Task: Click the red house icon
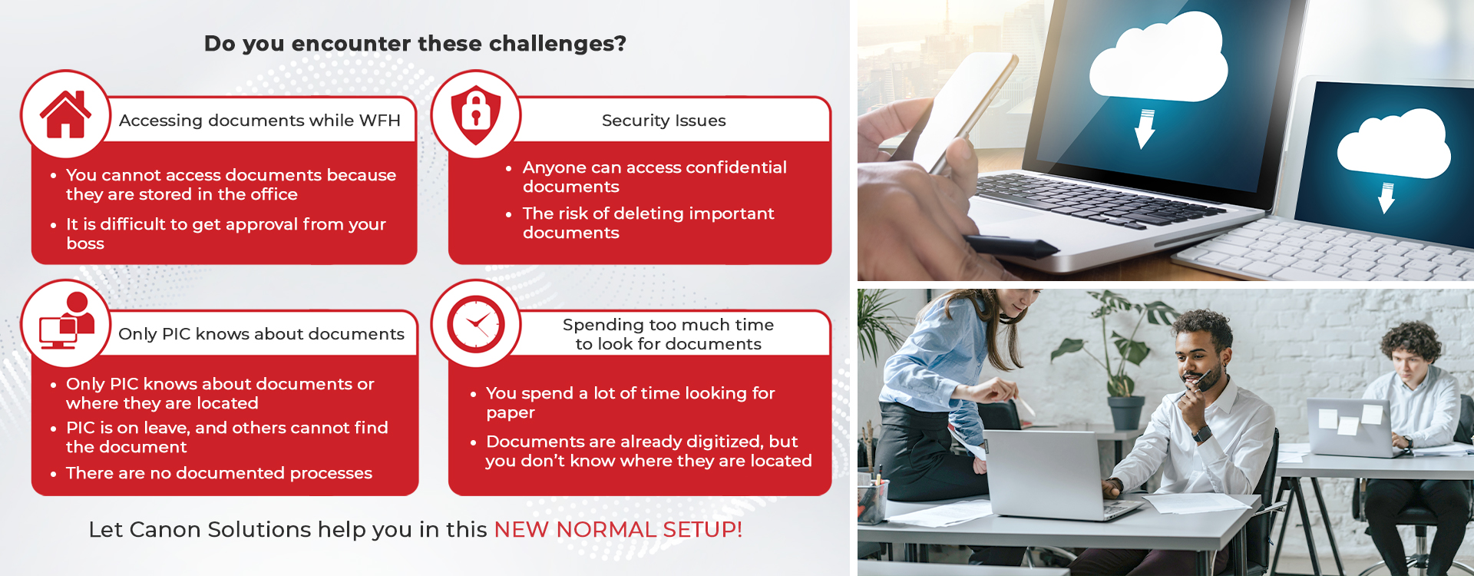tap(65, 114)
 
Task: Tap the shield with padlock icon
tap(476, 114)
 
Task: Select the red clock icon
tap(476, 324)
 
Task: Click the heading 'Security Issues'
tap(664, 121)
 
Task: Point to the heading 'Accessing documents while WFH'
tap(259, 121)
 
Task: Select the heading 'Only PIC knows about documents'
tap(261, 334)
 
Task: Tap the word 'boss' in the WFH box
tap(85, 243)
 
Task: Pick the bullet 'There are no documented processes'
tap(219, 473)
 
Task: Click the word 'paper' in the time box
tap(511, 413)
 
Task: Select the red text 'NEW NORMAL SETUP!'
tap(618, 529)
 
